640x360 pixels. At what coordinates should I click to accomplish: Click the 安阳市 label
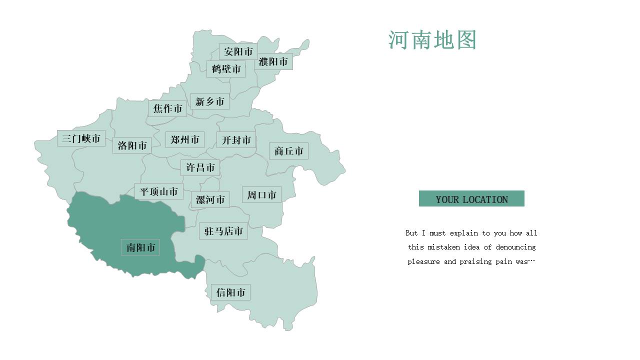[238, 51]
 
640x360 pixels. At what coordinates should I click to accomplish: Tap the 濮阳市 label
[273, 62]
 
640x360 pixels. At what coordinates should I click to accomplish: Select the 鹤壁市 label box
[226, 69]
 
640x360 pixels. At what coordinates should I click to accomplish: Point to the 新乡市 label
[210, 101]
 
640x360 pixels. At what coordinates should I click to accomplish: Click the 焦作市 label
[167, 108]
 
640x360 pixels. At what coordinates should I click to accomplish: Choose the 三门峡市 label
[81, 138]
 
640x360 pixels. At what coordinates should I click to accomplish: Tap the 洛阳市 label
[132, 145]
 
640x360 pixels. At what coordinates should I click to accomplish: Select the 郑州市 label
[185, 139]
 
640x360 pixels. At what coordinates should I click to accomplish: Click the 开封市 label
[236, 140]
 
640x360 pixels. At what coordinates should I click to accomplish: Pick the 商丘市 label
[288, 151]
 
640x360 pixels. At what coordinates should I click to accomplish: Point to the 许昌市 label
[200, 167]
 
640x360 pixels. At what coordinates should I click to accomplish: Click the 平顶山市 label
[159, 191]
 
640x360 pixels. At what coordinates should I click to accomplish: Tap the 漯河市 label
[210, 200]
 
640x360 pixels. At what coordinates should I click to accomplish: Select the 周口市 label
[261, 195]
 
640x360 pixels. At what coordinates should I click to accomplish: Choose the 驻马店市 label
[223, 231]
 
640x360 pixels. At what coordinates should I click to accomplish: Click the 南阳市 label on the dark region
[140, 247]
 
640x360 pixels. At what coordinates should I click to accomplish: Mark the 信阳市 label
[230, 292]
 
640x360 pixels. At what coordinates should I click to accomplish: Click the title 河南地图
[432, 40]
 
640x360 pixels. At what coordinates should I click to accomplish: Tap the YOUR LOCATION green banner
[471, 199]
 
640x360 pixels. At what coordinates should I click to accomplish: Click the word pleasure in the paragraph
[424, 261]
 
